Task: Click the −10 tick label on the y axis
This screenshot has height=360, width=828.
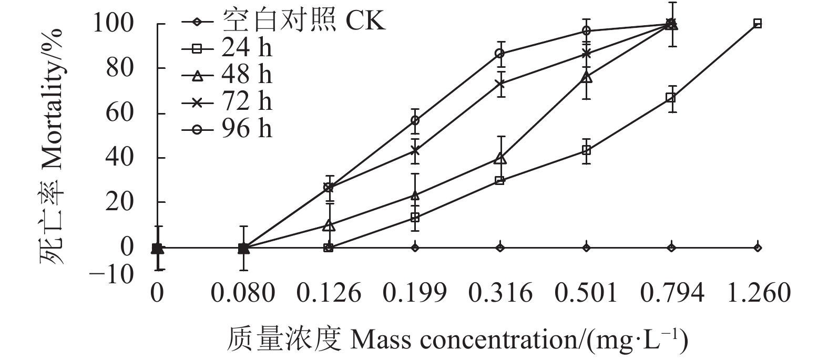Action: pyautogui.click(x=112, y=273)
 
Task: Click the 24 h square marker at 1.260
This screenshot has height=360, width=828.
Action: pyautogui.click(x=758, y=23)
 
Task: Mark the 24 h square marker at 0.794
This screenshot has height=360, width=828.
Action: pyautogui.click(x=671, y=98)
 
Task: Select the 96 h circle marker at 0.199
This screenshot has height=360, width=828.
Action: pyautogui.click(x=415, y=120)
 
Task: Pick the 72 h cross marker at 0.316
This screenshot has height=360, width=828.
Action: pyautogui.click(x=500, y=84)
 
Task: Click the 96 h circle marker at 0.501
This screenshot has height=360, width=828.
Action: pyautogui.click(x=586, y=31)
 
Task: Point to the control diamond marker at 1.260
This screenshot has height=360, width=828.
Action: pyautogui.click(x=758, y=248)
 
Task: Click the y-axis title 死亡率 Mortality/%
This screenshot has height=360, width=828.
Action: pyautogui.click(x=51, y=147)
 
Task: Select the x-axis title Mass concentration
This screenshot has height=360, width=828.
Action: pyautogui.click(x=457, y=340)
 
